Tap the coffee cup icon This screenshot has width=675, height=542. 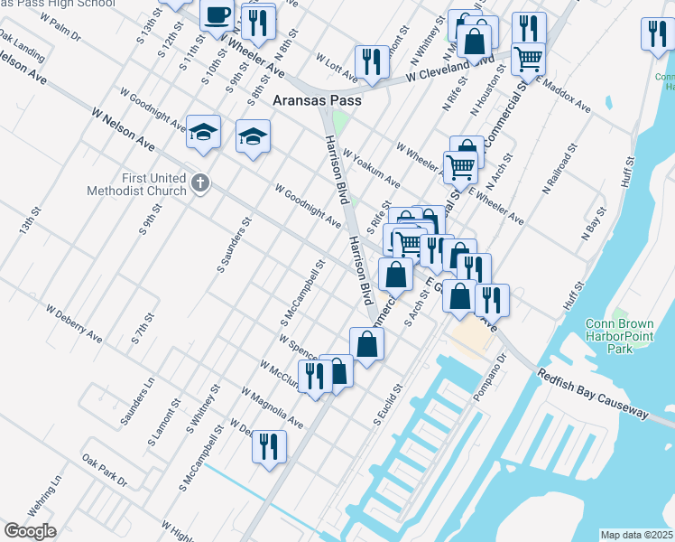217,15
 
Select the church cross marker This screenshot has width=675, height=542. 200,184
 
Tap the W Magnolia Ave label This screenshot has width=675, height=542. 272,407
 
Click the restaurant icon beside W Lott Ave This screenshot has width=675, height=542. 371,61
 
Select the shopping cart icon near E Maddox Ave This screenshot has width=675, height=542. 528,59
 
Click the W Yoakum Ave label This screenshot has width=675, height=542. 371,170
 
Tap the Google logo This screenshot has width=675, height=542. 30,531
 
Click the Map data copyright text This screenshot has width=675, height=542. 637,535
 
